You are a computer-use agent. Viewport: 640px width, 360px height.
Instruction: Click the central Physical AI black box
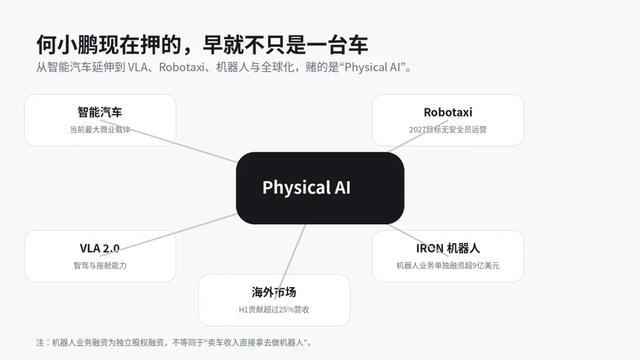click(x=320, y=188)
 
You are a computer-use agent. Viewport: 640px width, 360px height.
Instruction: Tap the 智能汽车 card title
click(x=100, y=112)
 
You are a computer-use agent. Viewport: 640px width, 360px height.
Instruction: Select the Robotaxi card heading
click(x=448, y=112)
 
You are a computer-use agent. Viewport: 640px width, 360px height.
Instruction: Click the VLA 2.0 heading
click(x=100, y=248)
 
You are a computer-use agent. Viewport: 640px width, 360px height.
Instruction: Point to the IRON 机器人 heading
click(x=448, y=248)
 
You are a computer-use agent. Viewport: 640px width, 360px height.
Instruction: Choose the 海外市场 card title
click(x=274, y=292)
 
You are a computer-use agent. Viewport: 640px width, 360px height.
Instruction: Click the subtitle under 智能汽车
click(x=100, y=129)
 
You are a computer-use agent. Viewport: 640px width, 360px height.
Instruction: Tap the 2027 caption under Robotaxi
click(x=448, y=129)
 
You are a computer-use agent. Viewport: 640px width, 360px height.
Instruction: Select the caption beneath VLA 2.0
click(x=100, y=265)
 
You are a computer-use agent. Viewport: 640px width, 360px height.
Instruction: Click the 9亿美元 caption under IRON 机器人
click(x=448, y=265)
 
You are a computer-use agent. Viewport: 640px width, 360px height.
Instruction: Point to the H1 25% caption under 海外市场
click(x=274, y=309)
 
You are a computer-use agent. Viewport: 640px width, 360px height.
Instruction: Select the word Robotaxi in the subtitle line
click(x=182, y=67)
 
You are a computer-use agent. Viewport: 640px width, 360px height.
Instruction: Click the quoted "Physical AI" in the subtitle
click(x=372, y=67)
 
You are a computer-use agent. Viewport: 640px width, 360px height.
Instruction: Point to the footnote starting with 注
click(x=174, y=342)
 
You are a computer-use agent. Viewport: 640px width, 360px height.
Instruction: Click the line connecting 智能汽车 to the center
click(x=168, y=141)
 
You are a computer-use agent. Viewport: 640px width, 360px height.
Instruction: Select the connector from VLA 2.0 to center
click(x=168, y=235)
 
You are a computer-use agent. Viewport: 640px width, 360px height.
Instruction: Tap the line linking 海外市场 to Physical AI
click(x=289, y=262)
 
